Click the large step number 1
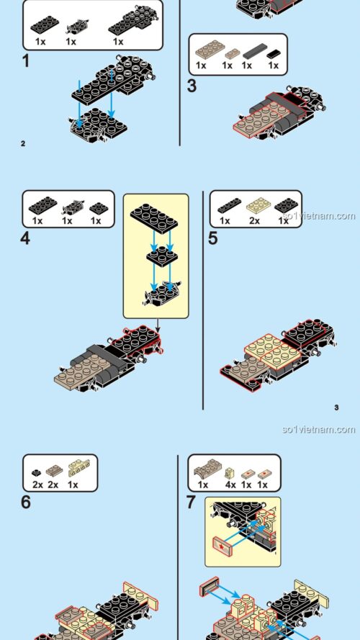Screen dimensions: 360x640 pyautogui.click(x=26, y=62)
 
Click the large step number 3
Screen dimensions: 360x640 pyautogui.click(x=192, y=86)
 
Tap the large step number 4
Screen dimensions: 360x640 pyautogui.click(x=25, y=238)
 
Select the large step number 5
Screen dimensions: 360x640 pyautogui.click(x=213, y=238)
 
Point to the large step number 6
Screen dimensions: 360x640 pyautogui.click(x=26, y=502)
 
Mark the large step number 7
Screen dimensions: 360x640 pyautogui.click(x=192, y=502)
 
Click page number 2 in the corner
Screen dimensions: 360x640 pyautogui.click(x=23, y=144)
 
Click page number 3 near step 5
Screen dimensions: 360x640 pyautogui.click(x=336, y=407)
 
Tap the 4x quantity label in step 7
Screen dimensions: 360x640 pyautogui.click(x=230, y=484)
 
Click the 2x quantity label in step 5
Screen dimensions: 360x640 pyautogui.click(x=254, y=221)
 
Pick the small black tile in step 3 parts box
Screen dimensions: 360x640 pyautogui.click(x=274, y=54)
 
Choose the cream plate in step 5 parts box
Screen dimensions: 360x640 pyautogui.click(x=258, y=205)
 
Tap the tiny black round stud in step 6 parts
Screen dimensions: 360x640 pyautogui.click(x=36, y=473)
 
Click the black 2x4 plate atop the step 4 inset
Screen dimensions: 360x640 pyautogui.click(x=154, y=218)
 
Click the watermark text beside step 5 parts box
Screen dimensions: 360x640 pyautogui.click(x=319, y=215)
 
